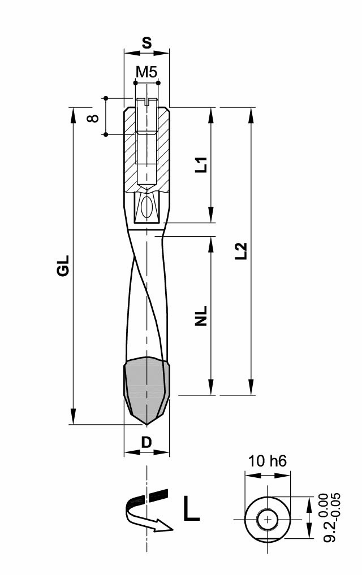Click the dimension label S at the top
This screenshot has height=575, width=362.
click(146, 43)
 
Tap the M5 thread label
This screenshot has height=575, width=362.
click(146, 72)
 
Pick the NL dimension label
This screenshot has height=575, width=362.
click(201, 316)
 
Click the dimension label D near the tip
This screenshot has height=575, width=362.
click(146, 443)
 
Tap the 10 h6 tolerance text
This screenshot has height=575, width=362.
click(268, 461)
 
